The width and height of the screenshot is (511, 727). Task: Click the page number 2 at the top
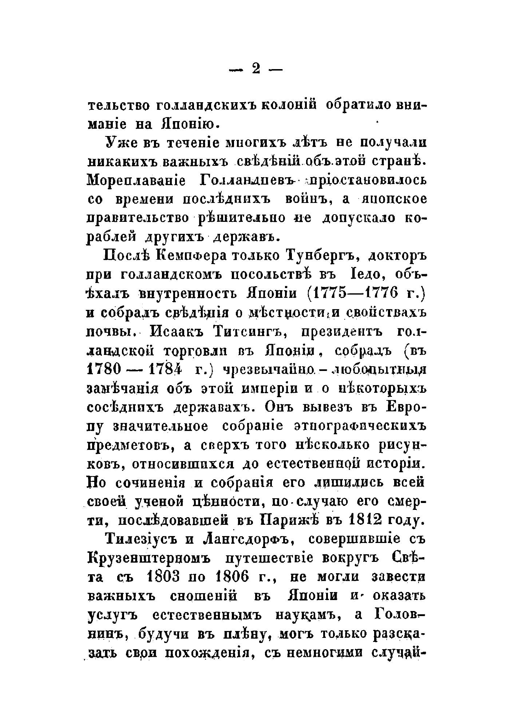pyautogui.click(x=256, y=69)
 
